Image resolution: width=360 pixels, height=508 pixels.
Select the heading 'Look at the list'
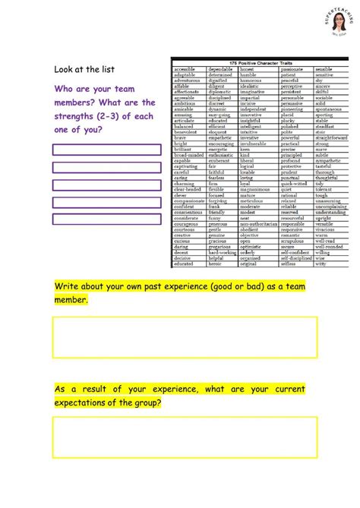[x=84, y=69]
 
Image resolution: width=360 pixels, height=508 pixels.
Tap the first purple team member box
[x=107, y=150]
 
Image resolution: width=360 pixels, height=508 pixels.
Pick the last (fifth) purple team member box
[x=107, y=219]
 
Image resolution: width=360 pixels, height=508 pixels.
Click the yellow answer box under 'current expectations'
[x=185, y=437]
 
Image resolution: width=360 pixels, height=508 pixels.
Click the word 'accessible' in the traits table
[x=187, y=68]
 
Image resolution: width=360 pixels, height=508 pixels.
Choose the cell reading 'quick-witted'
[x=297, y=183]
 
